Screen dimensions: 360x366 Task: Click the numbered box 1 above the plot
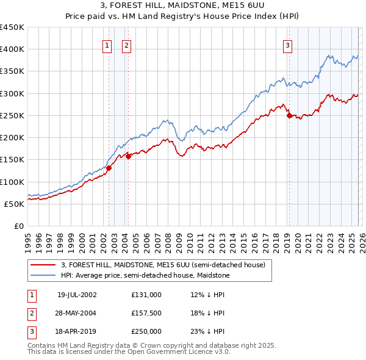click(x=107, y=45)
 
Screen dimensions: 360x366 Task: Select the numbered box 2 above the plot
click(x=126, y=45)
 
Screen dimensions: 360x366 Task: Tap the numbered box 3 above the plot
click(x=287, y=45)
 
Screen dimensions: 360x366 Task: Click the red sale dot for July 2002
click(x=109, y=168)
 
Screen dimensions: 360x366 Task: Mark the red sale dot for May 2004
click(x=129, y=156)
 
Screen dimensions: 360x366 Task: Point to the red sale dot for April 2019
click(x=289, y=115)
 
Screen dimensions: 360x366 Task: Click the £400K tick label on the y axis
click(x=12, y=49)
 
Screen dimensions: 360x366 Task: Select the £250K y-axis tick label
click(x=12, y=115)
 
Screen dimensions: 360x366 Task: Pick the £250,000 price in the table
click(x=146, y=331)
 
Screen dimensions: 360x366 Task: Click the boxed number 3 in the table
click(x=31, y=331)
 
